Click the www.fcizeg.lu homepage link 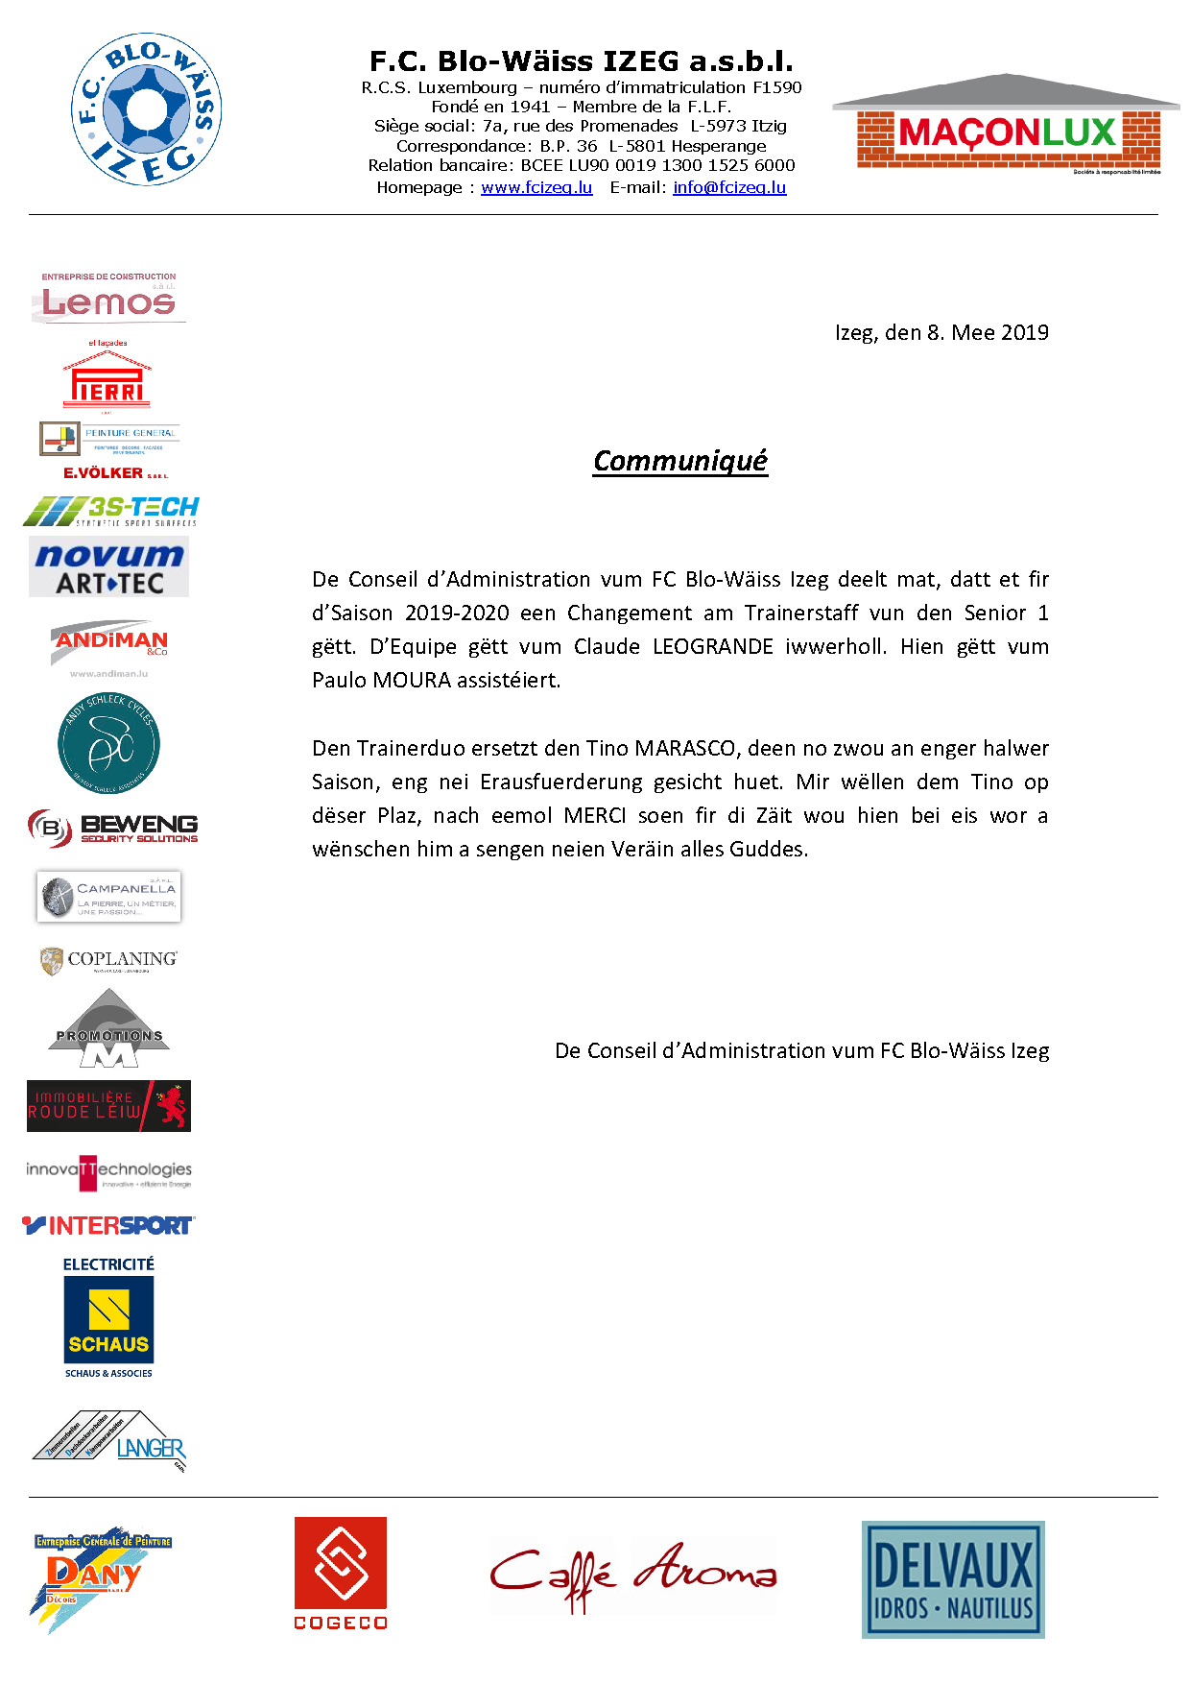point(536,187)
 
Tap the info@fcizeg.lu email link point(729,187)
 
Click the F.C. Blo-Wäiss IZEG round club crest point(147,110)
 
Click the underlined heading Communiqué point(680,461)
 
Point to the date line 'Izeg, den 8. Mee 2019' point(941,332)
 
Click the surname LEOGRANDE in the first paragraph point(712,646)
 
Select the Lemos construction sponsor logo point(108,298)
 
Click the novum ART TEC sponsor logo point(108,567)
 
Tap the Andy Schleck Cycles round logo point(108,743)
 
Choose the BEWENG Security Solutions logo point(112,828)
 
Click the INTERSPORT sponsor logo point(108,1225)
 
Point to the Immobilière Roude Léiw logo point(108,1106)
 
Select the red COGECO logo point(341,1573)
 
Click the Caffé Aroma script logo point(632,1576)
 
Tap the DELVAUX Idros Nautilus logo point(952,1579)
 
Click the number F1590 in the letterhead point(777,87)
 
